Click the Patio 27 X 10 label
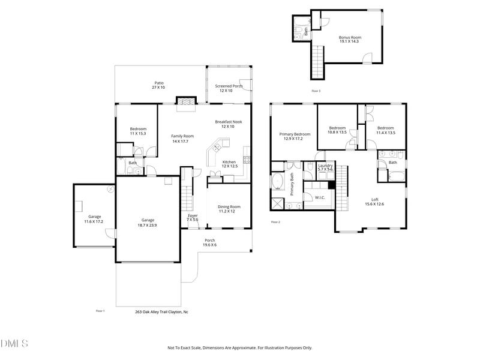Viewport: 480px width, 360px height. tap(158, 85)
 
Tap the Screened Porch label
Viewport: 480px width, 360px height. tap(228, 88)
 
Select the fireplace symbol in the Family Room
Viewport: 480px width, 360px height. tap(185, 103)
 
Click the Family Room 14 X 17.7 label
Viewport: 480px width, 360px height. tap(180, 139)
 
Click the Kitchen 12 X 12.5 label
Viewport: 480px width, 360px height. tap(229, 164)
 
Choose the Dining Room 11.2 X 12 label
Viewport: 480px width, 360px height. tap(229, 209)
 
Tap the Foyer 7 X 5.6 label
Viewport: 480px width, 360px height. tap(193, 217)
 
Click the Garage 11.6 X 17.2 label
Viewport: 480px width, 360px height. tap(95, 219)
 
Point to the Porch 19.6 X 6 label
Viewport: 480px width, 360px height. tap(209, 242)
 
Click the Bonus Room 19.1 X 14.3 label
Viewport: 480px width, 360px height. tap(349, 39)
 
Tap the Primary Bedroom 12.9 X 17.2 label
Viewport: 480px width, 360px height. tap(294, 136)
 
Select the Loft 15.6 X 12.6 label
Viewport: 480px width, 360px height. tap(374, 202)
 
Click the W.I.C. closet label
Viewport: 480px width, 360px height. tap(319, 197)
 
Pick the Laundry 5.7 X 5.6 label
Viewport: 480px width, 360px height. tap(325, 167)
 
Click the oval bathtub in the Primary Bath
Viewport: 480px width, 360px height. tap(278, 181)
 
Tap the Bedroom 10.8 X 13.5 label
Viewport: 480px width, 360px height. tap(337, 130)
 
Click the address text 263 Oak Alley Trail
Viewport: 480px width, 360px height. tap(161, 311)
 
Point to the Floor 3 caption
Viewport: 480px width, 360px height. tap(316, 91)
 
